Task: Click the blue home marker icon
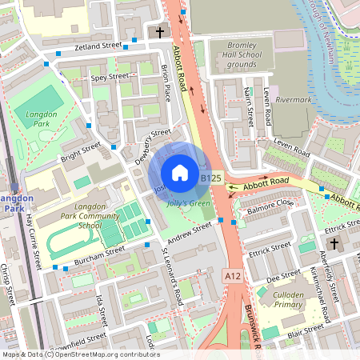tap(180, 172)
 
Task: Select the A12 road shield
tap(232, 274)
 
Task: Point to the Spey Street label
tap(110, 78)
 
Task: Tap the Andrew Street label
tap(190, 230)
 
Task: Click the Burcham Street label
tap(94, 255)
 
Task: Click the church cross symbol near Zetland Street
tap(160, 33)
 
